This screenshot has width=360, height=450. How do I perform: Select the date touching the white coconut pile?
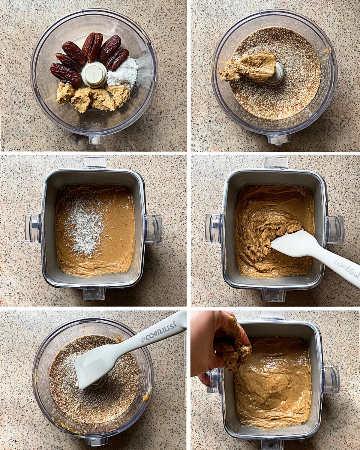tap(117, 59)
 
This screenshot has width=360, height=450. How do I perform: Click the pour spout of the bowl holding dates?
tap(94, 139)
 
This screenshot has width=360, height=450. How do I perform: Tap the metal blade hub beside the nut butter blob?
tap(278, 74)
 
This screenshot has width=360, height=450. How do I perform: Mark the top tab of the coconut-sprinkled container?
tap(94, 162)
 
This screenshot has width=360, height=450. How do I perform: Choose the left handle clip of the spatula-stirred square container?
tap(213, 228)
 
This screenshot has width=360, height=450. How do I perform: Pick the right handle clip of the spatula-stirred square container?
tap(335, 229)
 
